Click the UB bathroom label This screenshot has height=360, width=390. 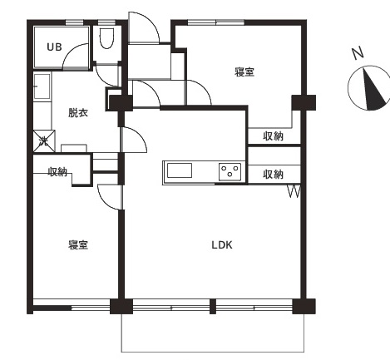click(x=54, y=47)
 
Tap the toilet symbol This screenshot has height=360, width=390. click(x=106, y=38)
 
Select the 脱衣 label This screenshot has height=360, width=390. click(x=78, y=113)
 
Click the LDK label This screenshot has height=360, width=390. click(x=222, y=245)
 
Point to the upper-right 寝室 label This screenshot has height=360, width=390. click(x=244, y=72)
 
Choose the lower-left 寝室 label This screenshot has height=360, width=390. click(x=78, y=245)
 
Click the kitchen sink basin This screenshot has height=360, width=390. click(x=180, y=170)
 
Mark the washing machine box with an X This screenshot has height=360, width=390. click(x=44, y=141)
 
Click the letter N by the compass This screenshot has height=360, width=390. click(x=358, y=53)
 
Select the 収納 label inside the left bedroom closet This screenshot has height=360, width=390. click(x=57, y=172)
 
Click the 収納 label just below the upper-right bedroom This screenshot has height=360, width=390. click(x=273, y=136)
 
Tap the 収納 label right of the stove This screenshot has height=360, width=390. click(x=273, y=175)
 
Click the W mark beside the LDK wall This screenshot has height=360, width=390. click(x=294, y=191)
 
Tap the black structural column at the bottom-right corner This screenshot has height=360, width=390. click(x=304, y=306)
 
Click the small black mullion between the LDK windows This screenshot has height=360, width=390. click(x=213, y=306)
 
